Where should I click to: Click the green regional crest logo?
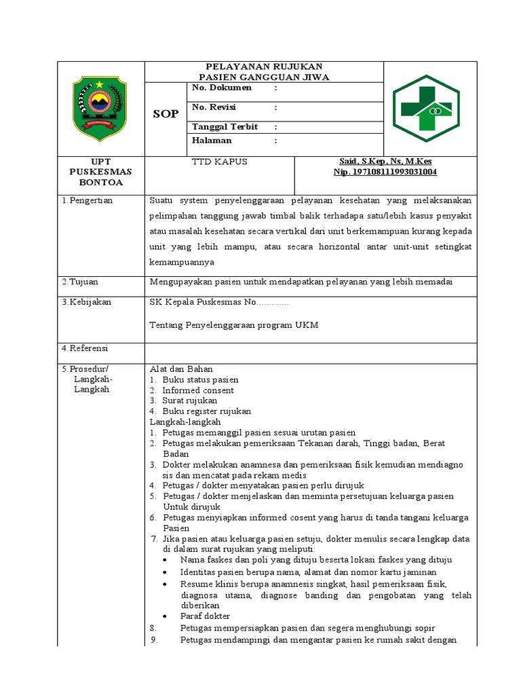click(100, 108)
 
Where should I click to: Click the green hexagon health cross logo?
click(427, 108)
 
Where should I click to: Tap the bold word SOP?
click(165, 114)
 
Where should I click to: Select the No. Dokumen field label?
click(222, 88)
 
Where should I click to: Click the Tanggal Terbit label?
click(225, 127)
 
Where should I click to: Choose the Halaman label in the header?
click(212, 140)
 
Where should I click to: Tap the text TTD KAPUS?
click(220, 162)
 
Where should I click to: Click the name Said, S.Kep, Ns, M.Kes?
click(385, 162)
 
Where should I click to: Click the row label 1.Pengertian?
click(88, 200)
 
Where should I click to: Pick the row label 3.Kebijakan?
click(87, 301)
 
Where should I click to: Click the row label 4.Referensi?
click(85, 348)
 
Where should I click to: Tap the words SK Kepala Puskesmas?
click(195, 301)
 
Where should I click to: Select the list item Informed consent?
click(198, 390)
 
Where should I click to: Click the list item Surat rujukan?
click(189, 400)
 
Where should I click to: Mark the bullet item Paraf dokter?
click(205, 616)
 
